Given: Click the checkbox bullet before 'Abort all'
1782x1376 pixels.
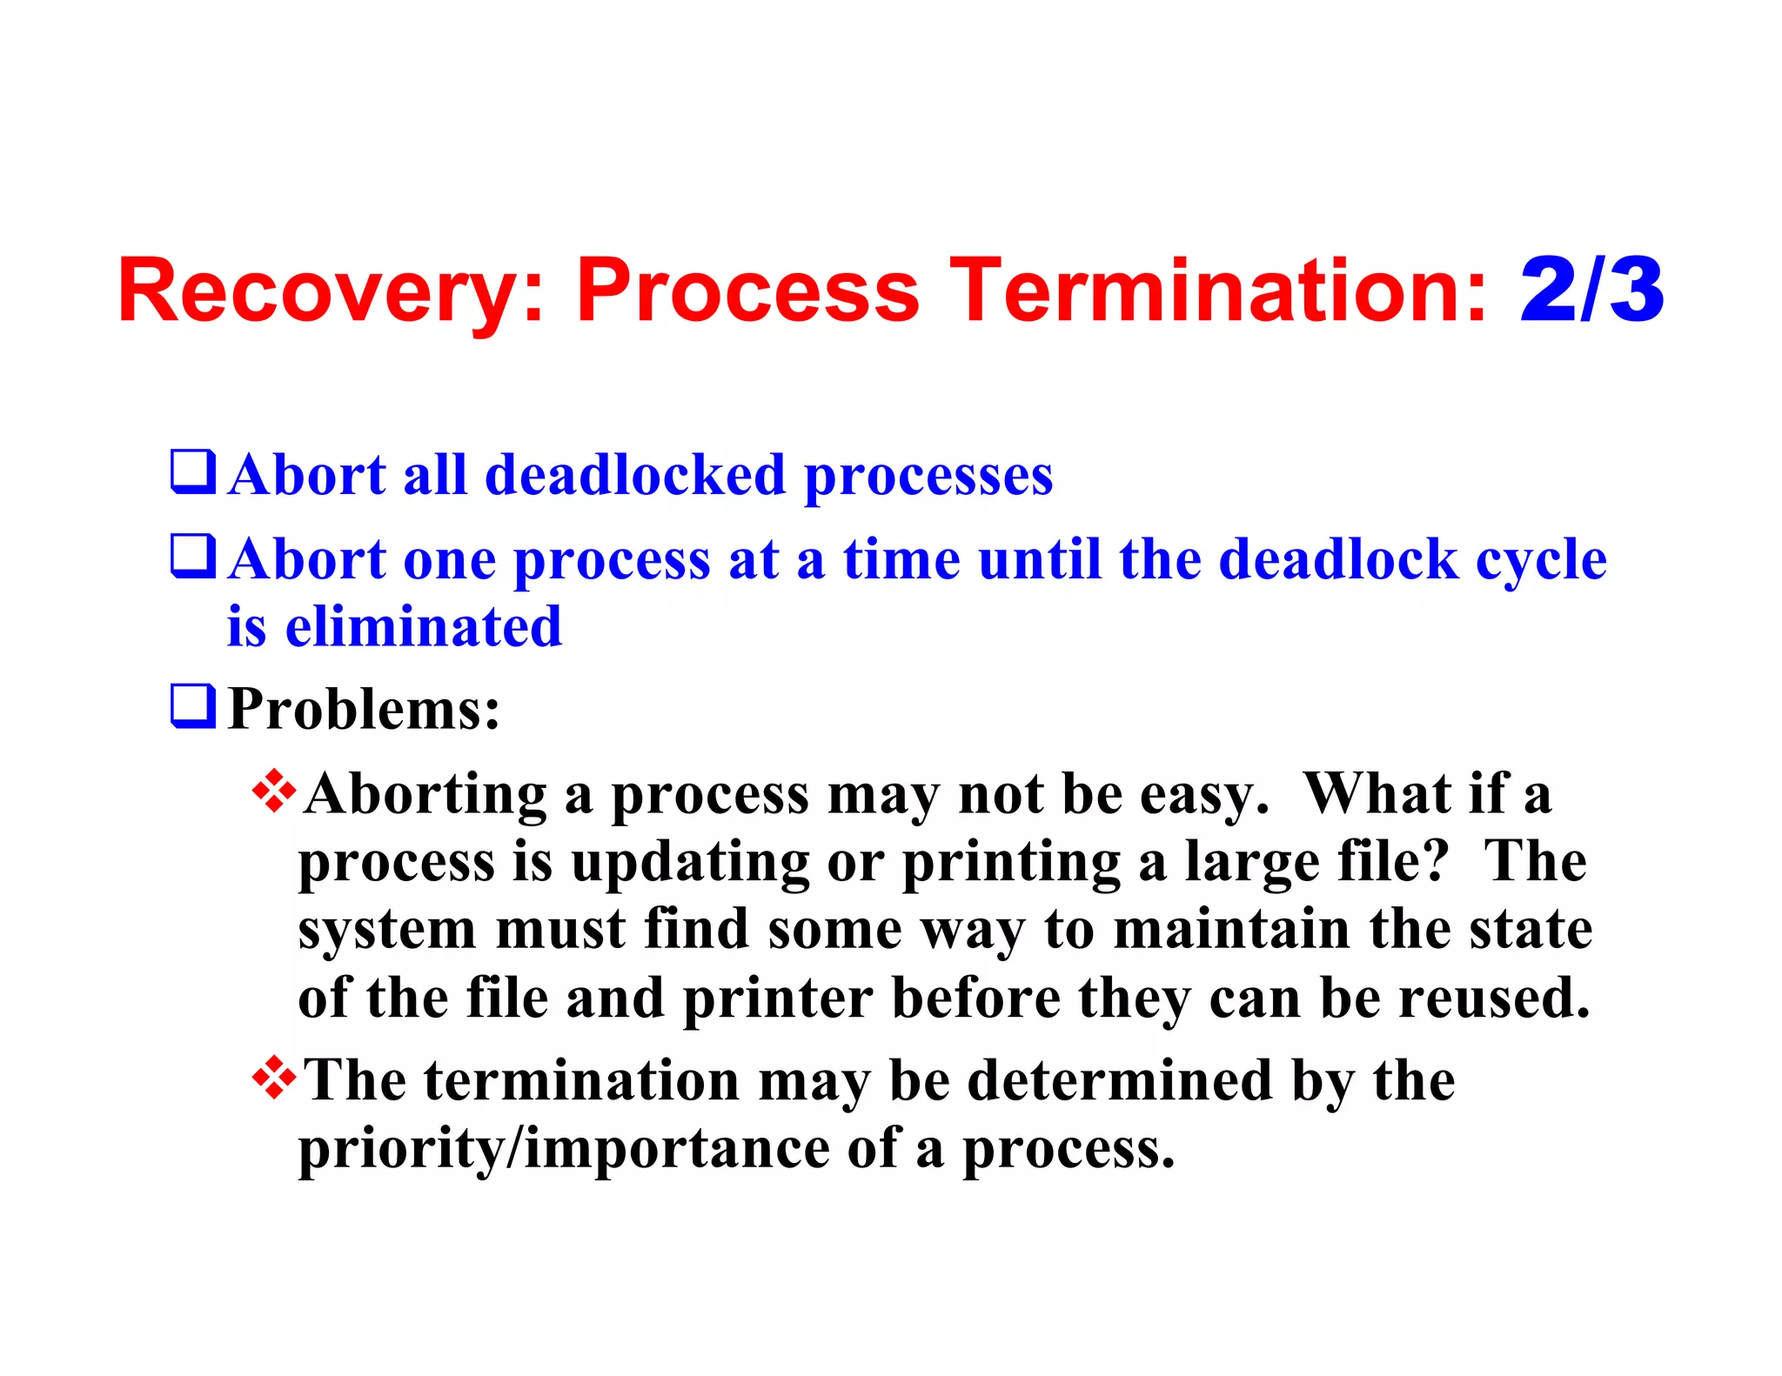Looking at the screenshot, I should point(192,472).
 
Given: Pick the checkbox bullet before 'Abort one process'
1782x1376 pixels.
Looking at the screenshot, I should point(192,557).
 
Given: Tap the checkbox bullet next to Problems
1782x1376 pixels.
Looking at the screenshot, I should point(192,706).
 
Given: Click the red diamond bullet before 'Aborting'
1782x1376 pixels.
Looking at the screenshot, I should point(274,791).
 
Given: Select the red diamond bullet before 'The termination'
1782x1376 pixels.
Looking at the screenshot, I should point(274,1077).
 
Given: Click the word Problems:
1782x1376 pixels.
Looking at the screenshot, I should point(364,708).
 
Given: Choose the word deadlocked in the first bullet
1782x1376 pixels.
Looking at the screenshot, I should point(635,476).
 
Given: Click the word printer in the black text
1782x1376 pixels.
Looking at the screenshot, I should point(778,999).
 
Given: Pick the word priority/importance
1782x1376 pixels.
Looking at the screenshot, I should point(563,1150).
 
